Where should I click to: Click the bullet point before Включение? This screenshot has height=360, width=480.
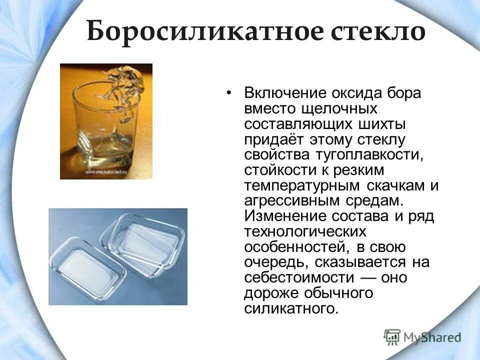(x=229, y=93)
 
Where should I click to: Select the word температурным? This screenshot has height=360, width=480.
(x=302, y=185)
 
